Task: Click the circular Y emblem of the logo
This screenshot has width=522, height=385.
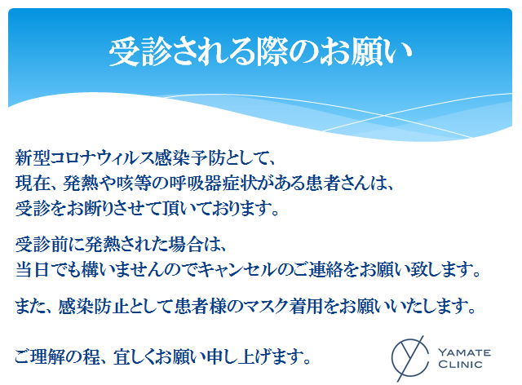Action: coord(409,358)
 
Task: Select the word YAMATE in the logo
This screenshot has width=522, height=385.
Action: coord(464,352)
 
